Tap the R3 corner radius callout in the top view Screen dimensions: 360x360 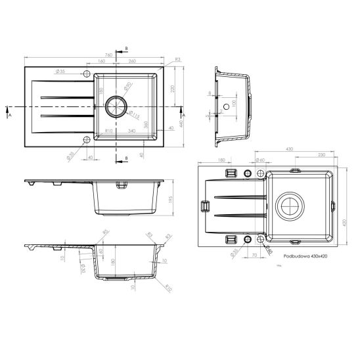pos(177,60)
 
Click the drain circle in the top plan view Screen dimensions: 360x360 pos(116,105)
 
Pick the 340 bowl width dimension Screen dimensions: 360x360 pos(133,131)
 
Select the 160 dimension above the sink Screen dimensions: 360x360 pos(101,62)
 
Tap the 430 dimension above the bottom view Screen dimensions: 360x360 pos(289,149)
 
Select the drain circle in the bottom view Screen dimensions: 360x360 pos(289,206)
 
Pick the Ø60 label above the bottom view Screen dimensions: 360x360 pos(259,160)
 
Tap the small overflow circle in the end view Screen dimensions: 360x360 pos(226,106)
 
